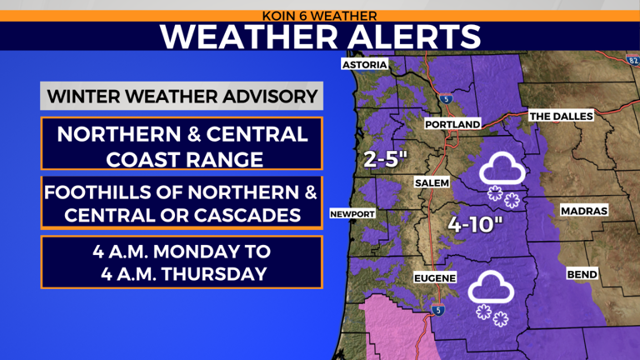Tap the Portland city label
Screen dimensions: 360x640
tap(452, 124)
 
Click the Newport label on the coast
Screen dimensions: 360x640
tap(352, 213)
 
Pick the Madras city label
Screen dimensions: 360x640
tap(583, 211)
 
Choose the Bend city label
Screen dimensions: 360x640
tap(582, 273)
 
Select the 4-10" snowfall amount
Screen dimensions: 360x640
tap(477, 224)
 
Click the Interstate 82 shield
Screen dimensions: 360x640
tap(632, 59)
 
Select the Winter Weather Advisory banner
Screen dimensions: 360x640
tap(182, 95)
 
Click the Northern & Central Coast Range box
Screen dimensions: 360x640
tap(182, 145)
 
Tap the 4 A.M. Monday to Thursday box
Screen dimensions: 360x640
tap(182, 262)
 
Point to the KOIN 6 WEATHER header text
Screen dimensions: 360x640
tap(319, 15)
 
